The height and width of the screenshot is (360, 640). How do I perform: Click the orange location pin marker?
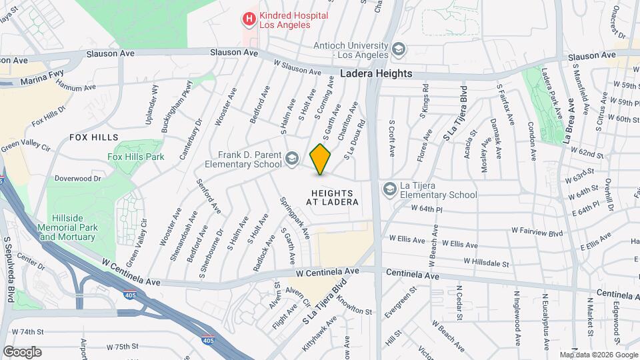point(321,159)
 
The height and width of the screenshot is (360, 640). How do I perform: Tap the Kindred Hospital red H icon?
point(249,19)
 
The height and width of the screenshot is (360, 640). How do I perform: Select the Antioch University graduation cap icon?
point(398,49)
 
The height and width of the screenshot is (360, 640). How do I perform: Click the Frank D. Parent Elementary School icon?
point(291,159)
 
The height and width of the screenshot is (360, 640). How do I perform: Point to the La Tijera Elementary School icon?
point(389,189)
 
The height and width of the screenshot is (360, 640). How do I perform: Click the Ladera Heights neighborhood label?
point(376,73)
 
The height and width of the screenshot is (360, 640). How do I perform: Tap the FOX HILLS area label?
point(93,137)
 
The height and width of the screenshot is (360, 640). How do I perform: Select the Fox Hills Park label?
point(136,157)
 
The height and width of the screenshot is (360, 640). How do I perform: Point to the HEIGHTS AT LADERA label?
point(333,197)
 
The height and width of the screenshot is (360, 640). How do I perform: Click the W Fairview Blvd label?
point(537,231)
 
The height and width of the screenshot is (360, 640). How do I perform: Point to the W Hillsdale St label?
point(486,263)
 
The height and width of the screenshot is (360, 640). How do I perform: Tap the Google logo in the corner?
point(22,351)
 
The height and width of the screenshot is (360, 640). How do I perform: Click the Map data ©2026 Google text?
point(599,355)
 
